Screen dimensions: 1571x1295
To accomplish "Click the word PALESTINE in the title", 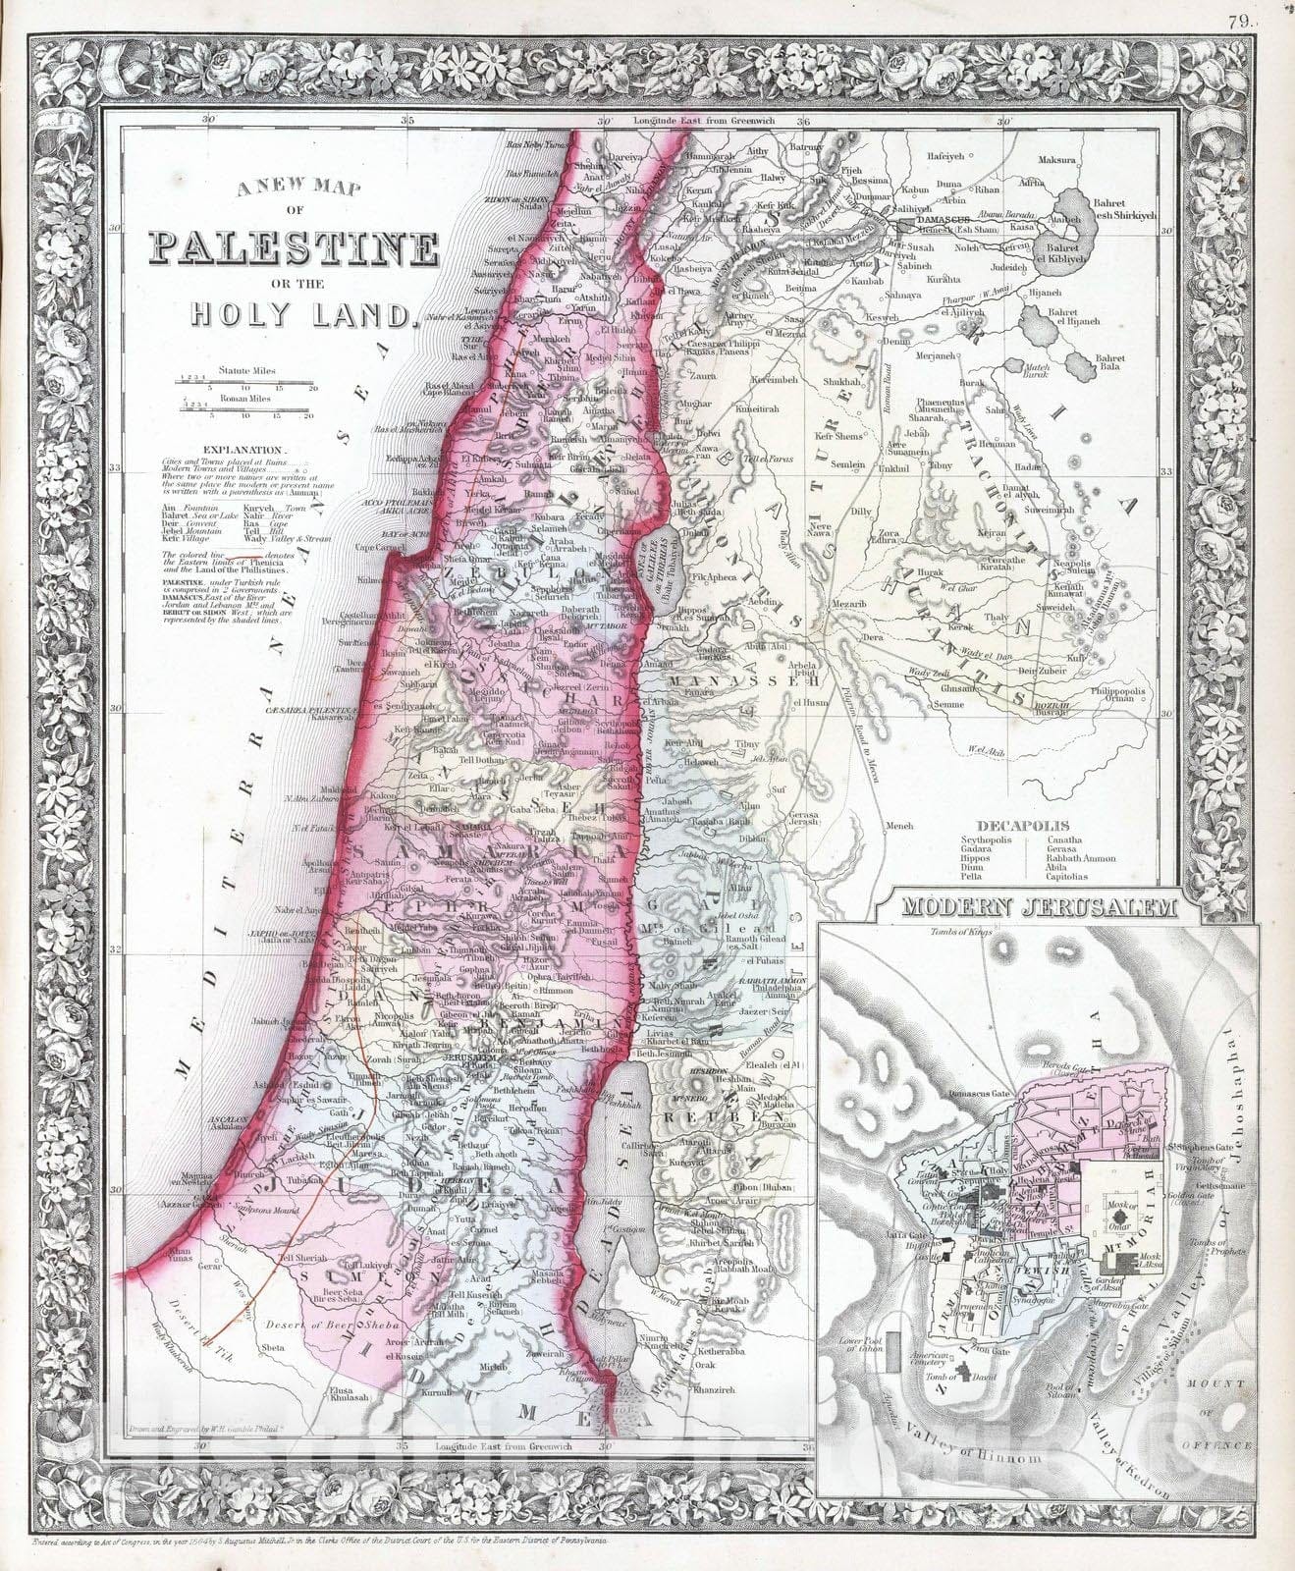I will click(x=293, y=249).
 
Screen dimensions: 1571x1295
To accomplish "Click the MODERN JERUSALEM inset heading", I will click(x=1042, y=906).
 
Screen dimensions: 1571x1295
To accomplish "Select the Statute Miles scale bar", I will click(x=245, y=379).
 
